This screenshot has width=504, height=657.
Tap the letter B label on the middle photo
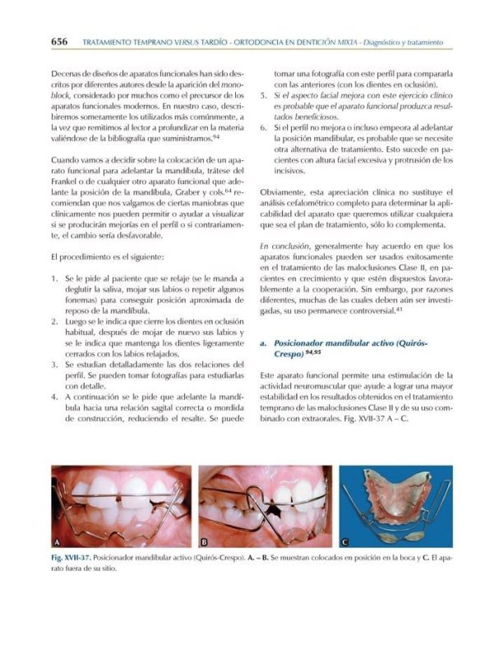205,542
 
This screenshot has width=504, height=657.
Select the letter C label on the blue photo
346,542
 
